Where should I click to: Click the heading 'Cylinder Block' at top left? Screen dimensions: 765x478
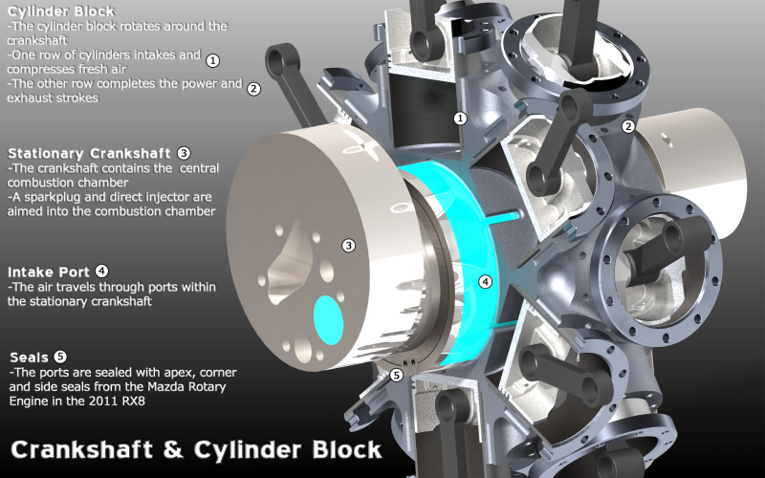[61, 11]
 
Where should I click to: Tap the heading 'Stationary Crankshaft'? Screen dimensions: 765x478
[89, 154]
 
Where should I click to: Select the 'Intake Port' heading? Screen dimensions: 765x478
[49, 272]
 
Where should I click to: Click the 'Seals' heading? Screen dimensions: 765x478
[30, 358]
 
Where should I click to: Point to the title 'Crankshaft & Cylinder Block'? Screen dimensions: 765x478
[196, 449]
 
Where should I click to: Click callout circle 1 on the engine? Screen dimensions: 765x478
[460, 119]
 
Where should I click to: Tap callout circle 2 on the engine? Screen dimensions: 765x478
[628, 127]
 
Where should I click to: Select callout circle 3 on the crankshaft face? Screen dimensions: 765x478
[348, 246]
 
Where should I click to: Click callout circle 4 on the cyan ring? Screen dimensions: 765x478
[485, 281]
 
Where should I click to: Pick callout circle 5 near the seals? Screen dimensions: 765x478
[397, 375]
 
